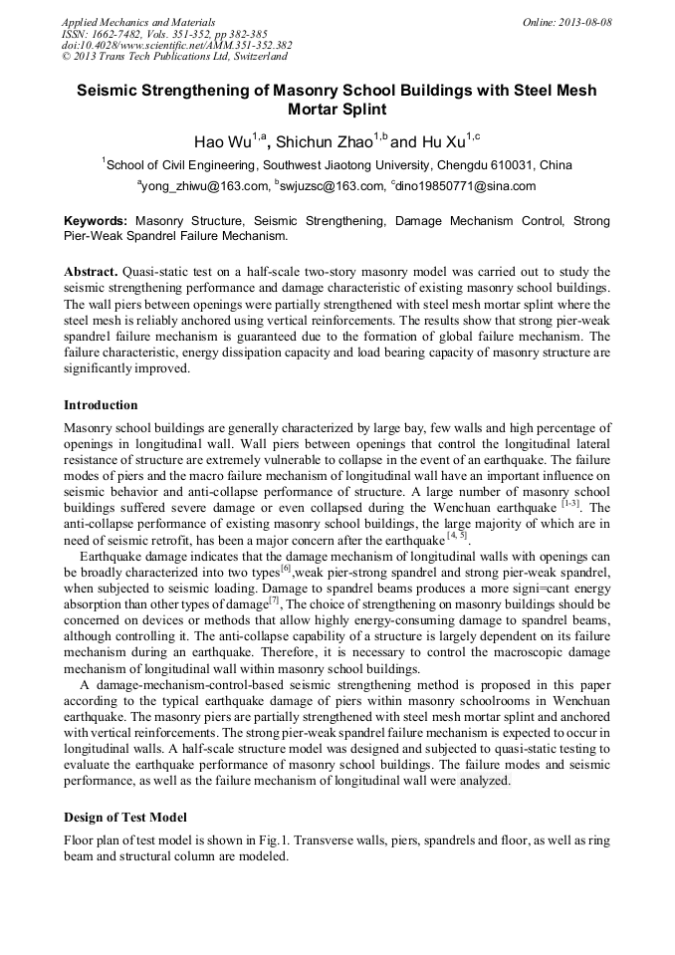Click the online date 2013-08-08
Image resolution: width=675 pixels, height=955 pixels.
(x=584, y=22)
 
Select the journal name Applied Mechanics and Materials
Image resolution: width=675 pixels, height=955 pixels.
(x=138, y=22)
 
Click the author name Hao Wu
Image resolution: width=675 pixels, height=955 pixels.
(x=221, y=140)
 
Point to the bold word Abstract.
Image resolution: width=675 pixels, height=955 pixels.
(x=91, y=272)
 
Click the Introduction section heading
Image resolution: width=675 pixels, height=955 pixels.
(x=101, y=405)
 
